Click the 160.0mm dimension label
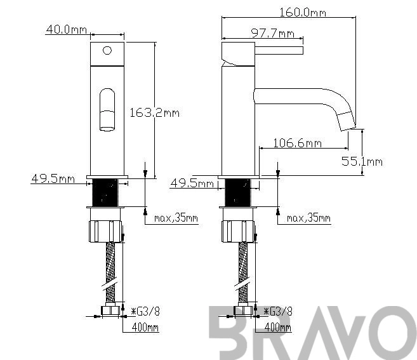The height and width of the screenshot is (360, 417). [x=303, y=12]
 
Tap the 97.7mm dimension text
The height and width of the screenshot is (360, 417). [x=273, y=34]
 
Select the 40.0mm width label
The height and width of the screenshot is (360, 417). [x=67, y=29]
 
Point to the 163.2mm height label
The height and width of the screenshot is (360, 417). [x=154, y=113]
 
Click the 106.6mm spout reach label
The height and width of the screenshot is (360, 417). [x=298, y=143]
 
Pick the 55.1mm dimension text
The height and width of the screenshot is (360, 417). [x=362, y=161]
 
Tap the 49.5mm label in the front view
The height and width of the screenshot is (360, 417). [x=53, y=178]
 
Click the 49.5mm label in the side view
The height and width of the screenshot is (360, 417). [x=192, y=183]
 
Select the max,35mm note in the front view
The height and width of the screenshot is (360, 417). [x=176, y=218]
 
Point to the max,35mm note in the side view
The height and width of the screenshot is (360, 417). [x=308, y=218]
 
